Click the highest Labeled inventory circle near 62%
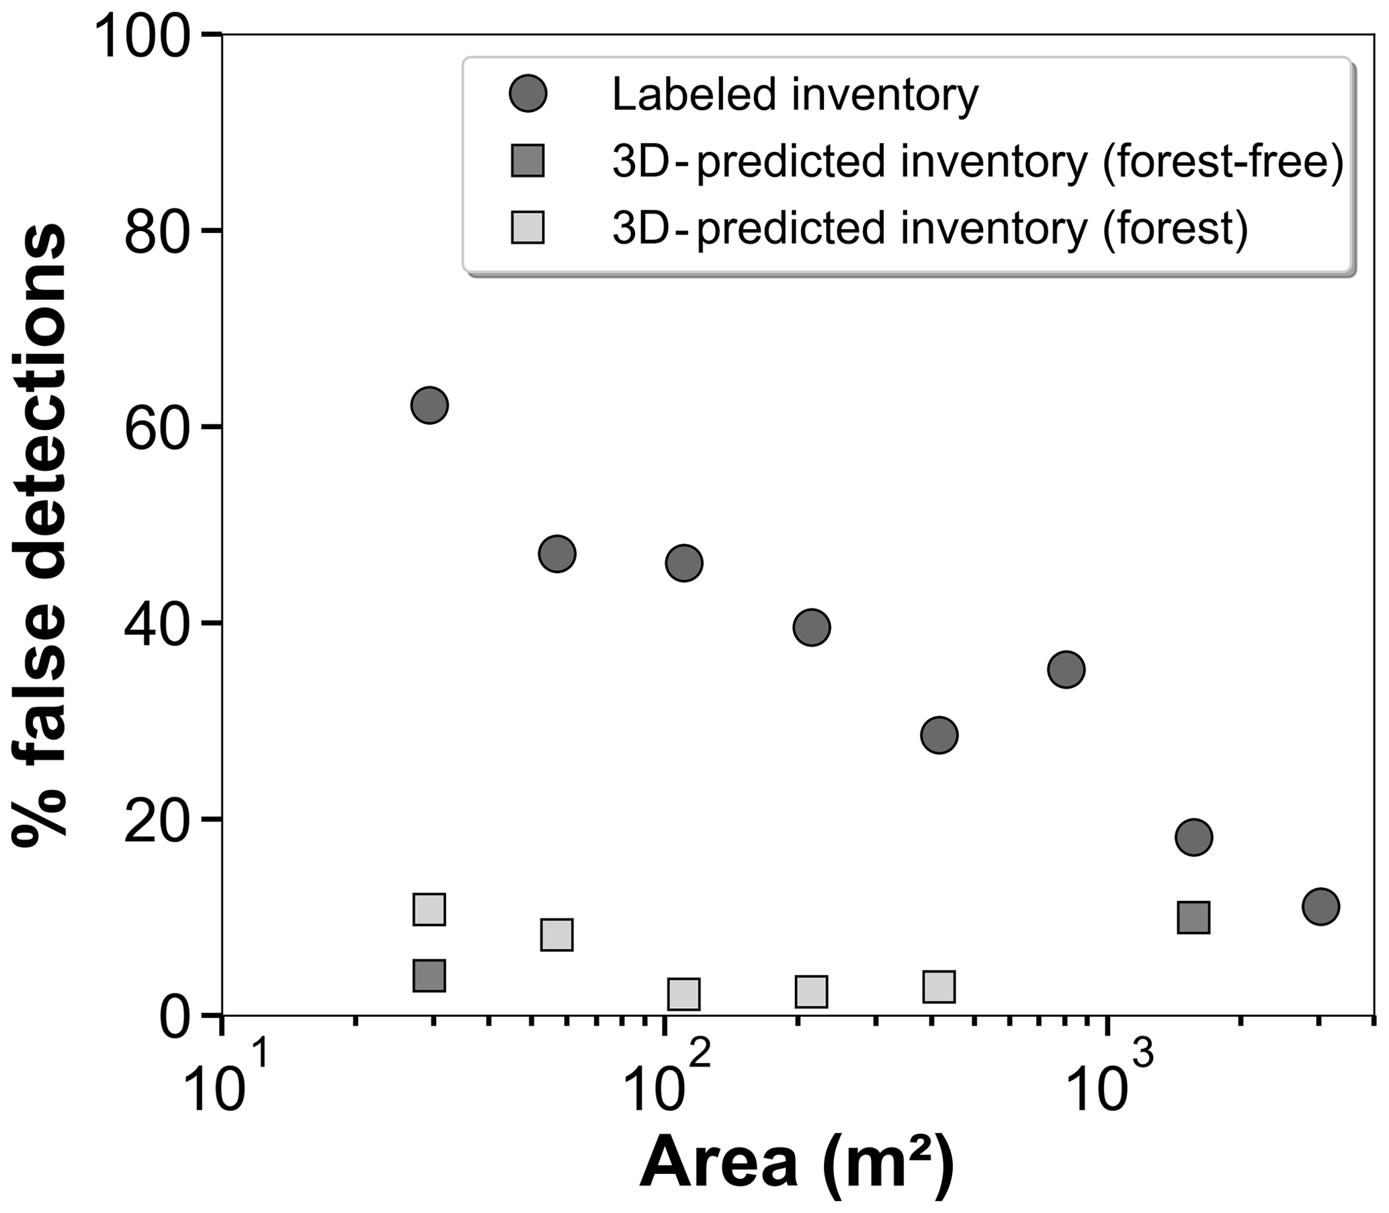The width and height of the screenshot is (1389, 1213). click(429, 406)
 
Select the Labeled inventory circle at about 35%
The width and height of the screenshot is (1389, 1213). click(1066, 670)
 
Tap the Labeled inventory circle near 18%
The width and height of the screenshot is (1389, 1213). click(1193, 838)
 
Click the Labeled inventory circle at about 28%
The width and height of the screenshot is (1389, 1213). click(939, 735)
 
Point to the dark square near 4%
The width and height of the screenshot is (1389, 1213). click(429, 975)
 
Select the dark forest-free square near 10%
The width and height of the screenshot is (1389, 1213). click(1193, 918)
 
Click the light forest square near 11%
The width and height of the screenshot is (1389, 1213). click(429, 909)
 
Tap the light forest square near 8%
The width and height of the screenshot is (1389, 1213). click(556, 935)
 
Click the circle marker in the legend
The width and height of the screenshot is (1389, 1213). click(528, 94)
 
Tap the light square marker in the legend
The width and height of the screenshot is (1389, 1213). click(528, 228)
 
